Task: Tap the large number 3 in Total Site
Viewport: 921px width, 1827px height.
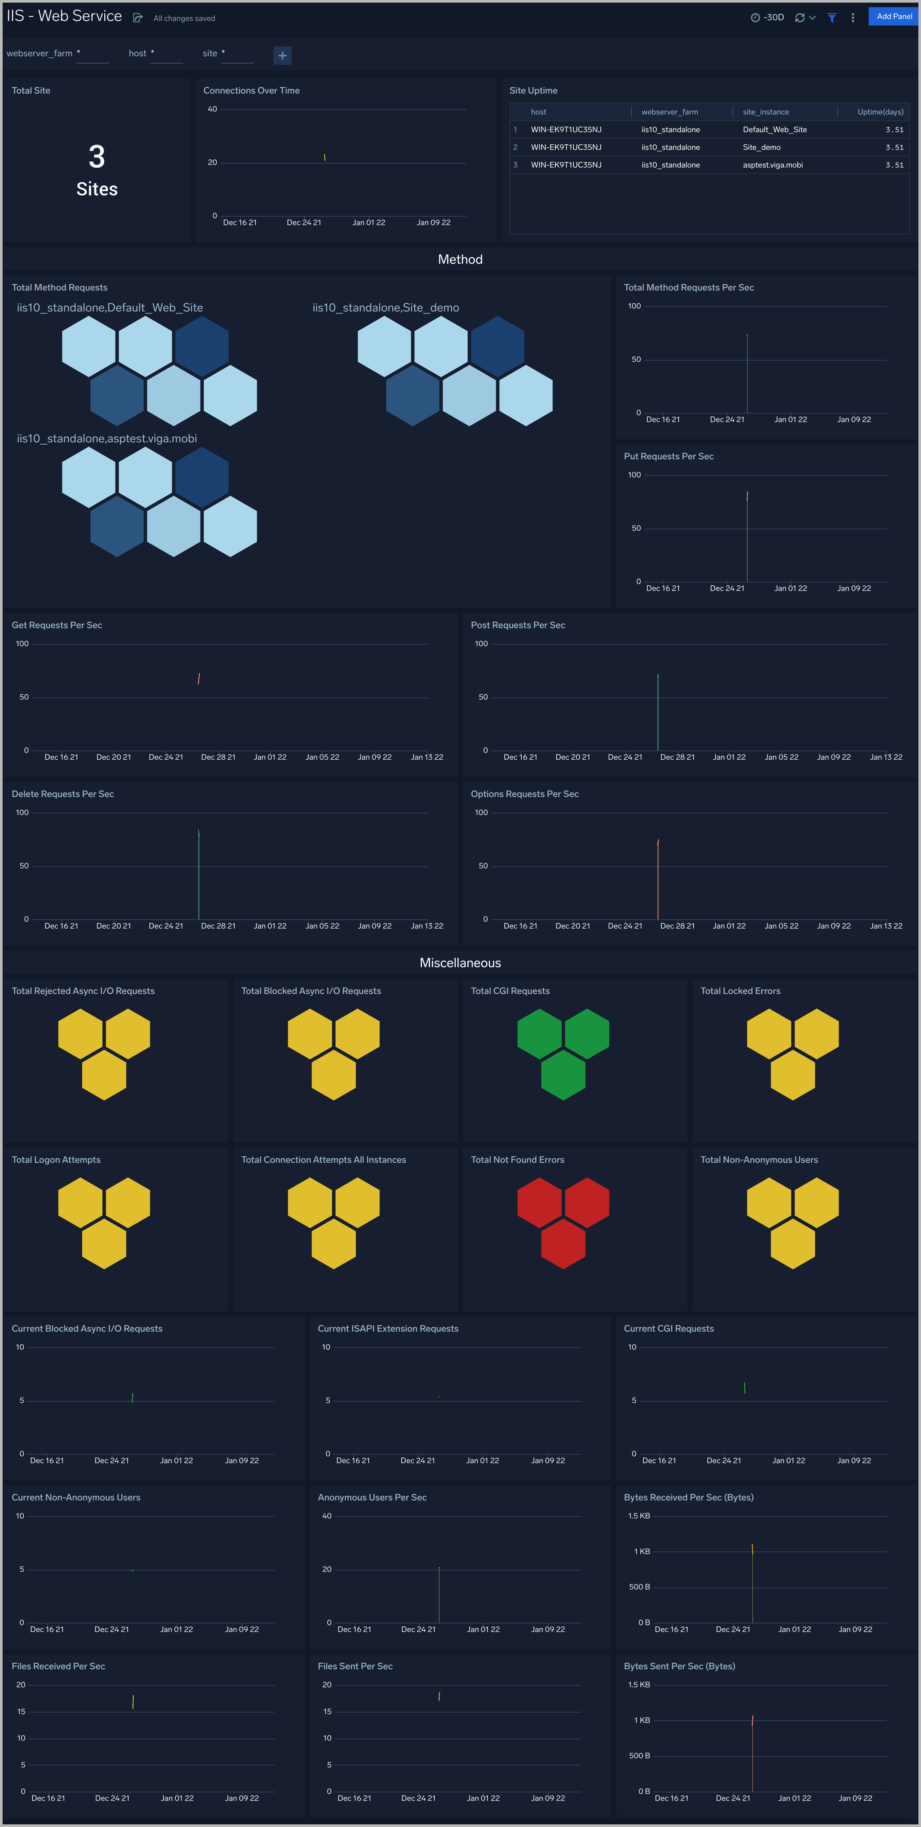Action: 96,157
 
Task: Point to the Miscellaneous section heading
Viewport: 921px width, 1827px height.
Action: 460,963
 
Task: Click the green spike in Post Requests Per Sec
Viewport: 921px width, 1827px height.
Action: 658,709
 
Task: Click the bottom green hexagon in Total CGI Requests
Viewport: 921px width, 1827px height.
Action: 563,1075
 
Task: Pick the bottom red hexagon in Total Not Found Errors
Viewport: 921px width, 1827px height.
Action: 563,1244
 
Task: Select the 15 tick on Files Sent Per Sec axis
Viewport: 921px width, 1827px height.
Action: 328,1712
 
